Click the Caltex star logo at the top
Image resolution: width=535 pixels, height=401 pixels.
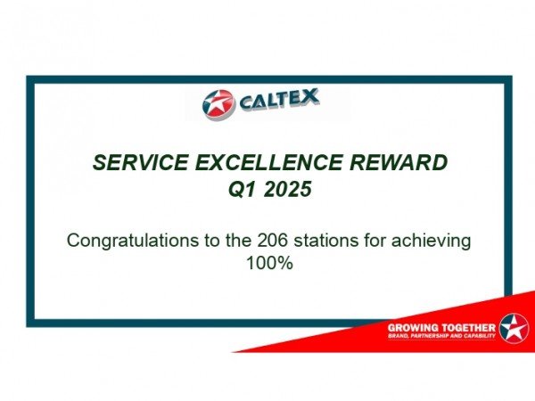(x=218, y=104)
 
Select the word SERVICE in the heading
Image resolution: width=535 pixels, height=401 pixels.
(x=140, y=162)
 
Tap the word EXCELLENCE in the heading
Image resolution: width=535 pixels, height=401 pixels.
(x=269, y=162)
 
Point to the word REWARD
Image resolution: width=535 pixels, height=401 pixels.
(x=399, y=162)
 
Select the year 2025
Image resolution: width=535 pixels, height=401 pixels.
(x=288, y=189)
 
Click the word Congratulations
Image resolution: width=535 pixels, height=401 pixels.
(x=133, y=241)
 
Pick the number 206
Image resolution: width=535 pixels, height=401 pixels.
(x=272, y=241)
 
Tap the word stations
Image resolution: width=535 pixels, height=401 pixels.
(x=326, y=241)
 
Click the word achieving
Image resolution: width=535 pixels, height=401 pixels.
(x=431, y=241)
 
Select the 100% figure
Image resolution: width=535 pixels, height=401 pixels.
(x=269, y=263)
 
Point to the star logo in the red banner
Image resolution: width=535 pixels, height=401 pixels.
(x=514, y=328)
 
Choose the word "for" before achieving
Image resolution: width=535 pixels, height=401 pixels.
(x=374, y=241)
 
